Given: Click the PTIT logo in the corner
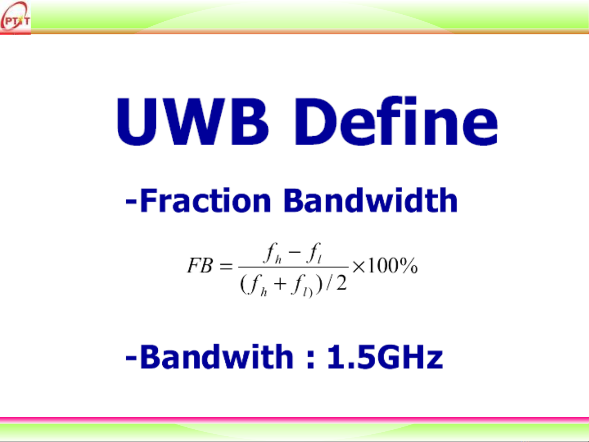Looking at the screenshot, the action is click(x=15, y=18).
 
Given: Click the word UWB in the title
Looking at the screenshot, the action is click(x=192, y=121).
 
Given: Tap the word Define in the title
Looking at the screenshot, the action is click(x=396, y=121).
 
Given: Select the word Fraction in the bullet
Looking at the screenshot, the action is click(x=206, y=200).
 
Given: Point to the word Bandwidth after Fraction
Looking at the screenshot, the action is click(x=371, y=200).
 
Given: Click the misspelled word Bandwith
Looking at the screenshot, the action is click(x=217, y=357).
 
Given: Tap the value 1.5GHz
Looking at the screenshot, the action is click(x=385, y=357).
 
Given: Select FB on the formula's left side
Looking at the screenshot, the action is click(x=200, y=265).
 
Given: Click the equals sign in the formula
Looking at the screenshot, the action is click(x=226, y=266).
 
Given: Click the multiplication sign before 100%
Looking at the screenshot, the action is click(x=359, y=267).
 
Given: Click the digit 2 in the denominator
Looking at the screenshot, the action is click(x=341, y=283).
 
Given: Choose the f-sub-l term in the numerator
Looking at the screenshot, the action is click(x=314, y=253).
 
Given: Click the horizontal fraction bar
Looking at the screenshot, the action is click(x=293, y=267).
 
